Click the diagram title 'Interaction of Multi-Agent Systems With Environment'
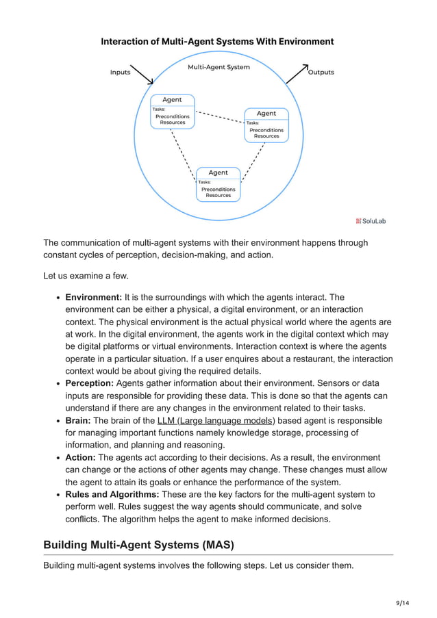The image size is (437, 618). (x=217, y=42)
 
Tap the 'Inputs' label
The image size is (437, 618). (x=120, y=73)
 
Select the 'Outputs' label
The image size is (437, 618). (x=321, y=73)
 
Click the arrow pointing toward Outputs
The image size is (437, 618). (x=297, y=73)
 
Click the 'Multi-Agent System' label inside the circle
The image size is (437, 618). (x=218, y=67)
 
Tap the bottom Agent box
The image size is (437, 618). (x=218, y=183)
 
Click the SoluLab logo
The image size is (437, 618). (x=371, y=220)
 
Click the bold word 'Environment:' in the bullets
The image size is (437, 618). (x=93, y=297)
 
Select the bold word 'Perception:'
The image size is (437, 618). (x=89, y=383)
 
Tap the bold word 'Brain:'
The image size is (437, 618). (x=77, y=420)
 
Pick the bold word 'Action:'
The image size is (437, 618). (x=80, y=457)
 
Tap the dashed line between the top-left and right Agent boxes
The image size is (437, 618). (x=219, y=118)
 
